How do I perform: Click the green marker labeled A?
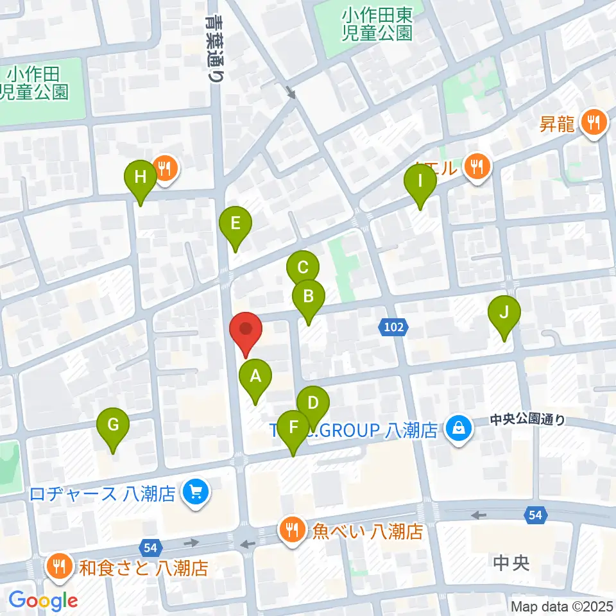(x=255, y=376)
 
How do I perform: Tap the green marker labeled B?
(x=309, y=296)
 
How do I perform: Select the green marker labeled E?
(x=235, y=224)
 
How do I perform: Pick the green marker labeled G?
(x=113, y=425)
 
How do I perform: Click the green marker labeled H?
(x=141, y=176)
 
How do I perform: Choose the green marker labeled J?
(x=504, y=313)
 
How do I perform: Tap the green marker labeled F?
(x=294, y=427)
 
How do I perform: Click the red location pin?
(x=246, y=329)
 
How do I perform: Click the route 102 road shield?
(x=394, y=328)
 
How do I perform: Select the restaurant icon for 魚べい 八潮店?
(x=291, y=529)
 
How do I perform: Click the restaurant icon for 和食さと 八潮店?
(x=60, y=566)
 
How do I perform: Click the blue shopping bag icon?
(x=458, y=429)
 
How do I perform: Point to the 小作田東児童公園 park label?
(x=377, y=23)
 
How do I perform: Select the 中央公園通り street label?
(x=527, y=420)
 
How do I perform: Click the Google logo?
(x=44, y=600)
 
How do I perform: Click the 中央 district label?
(x=511, y=563)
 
